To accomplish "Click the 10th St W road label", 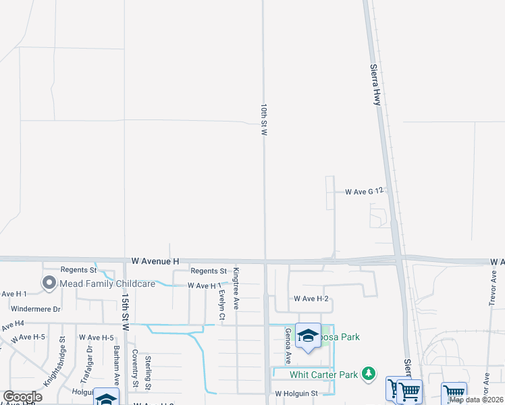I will (265, 121).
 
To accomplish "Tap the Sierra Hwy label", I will (377, 84).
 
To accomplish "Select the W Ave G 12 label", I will (364, 192).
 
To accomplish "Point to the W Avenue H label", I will (155, 261).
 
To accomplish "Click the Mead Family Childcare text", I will (108, 283).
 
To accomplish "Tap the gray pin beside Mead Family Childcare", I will (49, 283).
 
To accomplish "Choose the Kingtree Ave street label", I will (236, 288).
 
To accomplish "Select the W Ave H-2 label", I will (311, 298).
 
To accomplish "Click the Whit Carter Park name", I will (324, 375).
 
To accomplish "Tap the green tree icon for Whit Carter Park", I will (368, 373).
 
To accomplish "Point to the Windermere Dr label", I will (36, 308).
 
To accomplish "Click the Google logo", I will (22, 397).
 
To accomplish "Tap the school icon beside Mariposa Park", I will (308, 335).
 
